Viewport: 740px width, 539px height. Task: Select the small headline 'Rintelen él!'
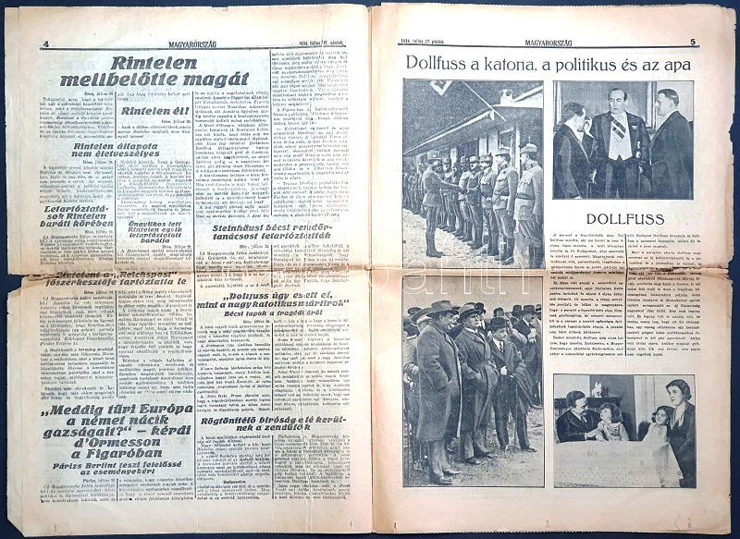pos(153,110)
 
